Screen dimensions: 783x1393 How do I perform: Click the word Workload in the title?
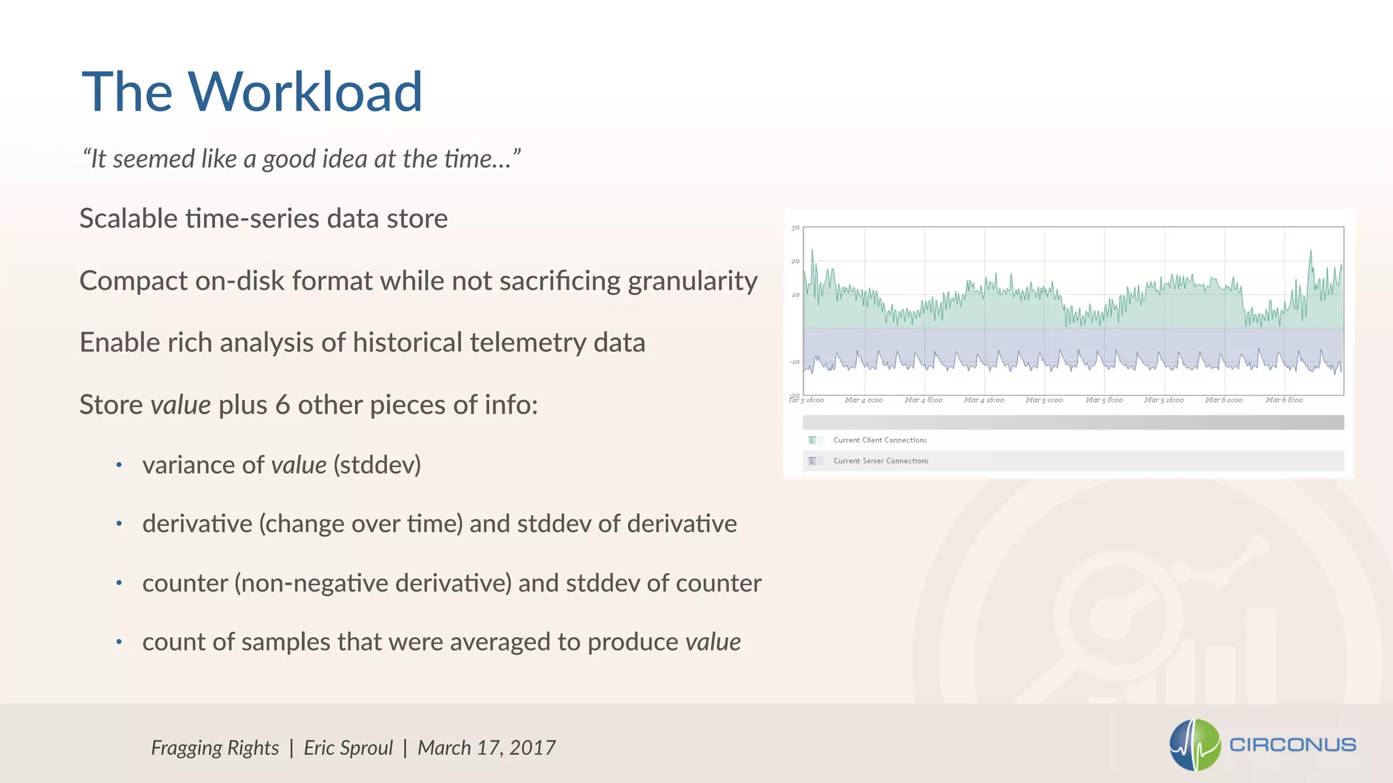pyautogui.click(x=305, y=92)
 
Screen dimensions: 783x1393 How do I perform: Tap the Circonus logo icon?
pyautogui.click(x=1195, y=745)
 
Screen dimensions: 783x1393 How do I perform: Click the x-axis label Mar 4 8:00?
pyautogui.click(x=923, y=400)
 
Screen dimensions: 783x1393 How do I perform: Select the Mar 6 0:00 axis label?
pyautogui.click(x=1223, y=400)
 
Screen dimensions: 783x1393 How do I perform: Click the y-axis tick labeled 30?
pyautogui.click(x=795, y=228)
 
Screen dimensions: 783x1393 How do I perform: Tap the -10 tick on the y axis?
pyautogui.click(x=794, y=362)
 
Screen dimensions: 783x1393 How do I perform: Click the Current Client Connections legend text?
pyautogui.click(x=879, y=440)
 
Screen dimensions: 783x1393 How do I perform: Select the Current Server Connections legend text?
pyautogui.click(x=880, y=461)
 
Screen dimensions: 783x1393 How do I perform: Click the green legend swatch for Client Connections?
pyautogui.click(x=811, y=440)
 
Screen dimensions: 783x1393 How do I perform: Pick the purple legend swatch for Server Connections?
pyautogui.click(x=811, y=461)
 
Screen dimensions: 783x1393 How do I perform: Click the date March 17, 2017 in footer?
pyautogui.click(x=486, y=748)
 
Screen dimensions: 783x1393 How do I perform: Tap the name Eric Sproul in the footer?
pyautogui.click(x=348, y=748)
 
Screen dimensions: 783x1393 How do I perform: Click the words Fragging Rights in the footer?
pyautogui.click(x=215, y=748)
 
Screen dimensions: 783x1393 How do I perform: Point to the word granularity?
pyautogui.click(x=692, y=281)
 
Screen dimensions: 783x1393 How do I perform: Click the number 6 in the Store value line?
pyautogui.click(x=282, y=405)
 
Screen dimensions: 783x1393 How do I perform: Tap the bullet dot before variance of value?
pyautogui.click(x=119, y=465)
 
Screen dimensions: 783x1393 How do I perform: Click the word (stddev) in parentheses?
pyautogui.click(x=377, y=465)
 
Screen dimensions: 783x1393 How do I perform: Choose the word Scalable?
pyautogui.click(x=129, y=219)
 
